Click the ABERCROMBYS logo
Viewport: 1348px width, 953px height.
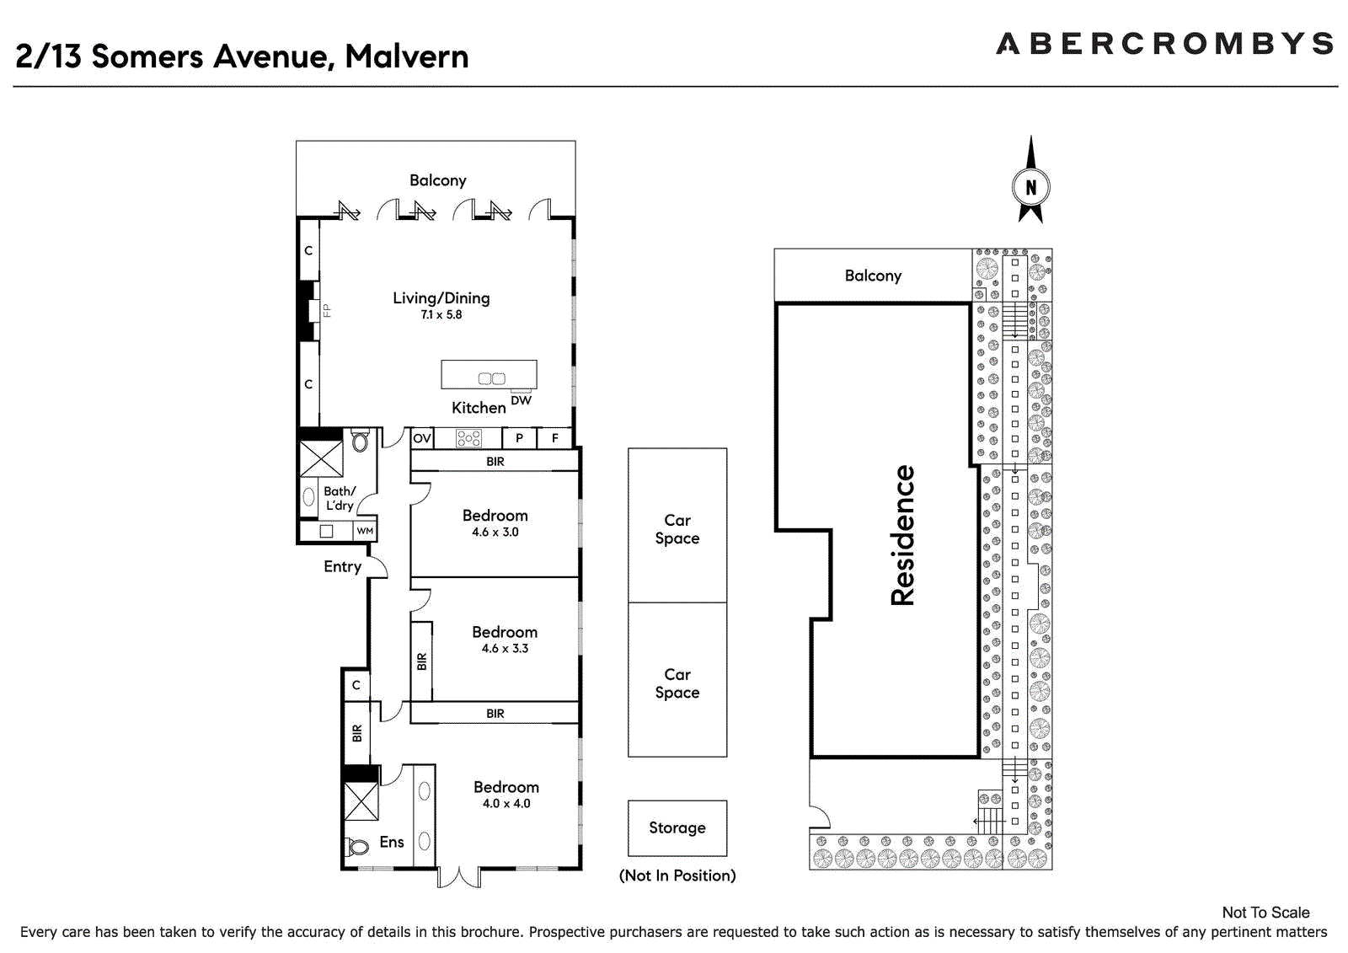point(1164,43)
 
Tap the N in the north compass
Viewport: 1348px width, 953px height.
point(1031,188)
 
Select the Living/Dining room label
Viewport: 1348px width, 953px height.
point(441,298)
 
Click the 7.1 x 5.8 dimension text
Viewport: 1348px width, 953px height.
point(441,315)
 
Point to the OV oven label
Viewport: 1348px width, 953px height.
point(422,438)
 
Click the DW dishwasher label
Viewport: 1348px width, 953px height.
point(522,400)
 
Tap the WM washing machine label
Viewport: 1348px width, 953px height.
point(365,531)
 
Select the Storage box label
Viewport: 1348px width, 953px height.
point(677,827)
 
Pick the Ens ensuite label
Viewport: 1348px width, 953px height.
point(392,843)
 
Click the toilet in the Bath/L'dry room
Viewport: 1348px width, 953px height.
point(360,442)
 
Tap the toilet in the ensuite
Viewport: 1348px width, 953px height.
point(357,848)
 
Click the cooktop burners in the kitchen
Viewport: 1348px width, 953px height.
point(468,438)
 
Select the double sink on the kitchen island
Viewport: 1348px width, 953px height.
point(492,378)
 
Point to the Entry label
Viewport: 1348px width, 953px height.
point(342,567)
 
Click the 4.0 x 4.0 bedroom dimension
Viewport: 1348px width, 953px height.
point(506,804)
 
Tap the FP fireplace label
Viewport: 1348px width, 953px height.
point(327,311)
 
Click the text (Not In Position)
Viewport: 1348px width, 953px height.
point(677,875)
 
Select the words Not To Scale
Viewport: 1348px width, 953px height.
point(1265,913)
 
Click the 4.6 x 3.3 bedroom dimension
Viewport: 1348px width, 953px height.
point(505,648)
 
